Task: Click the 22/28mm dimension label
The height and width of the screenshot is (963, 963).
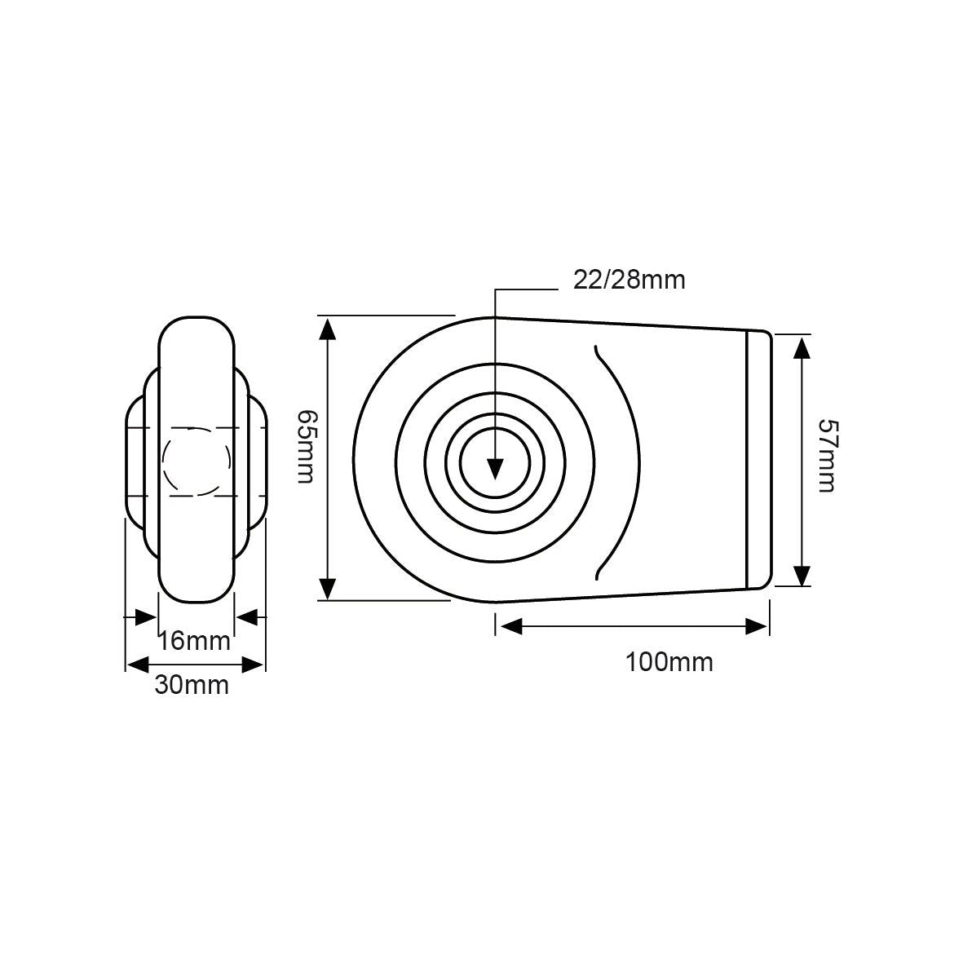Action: tap(629, 281)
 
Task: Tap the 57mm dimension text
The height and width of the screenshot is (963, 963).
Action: tap(827, 456)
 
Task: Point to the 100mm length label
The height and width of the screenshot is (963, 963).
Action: tap(669, 661)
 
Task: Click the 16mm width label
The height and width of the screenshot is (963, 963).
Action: tap(194, 641)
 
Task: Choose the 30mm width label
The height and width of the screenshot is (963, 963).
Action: tap(192, 686)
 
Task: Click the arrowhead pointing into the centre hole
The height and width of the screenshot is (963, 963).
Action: tap(494, 469)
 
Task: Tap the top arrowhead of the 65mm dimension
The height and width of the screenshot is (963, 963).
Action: tap(328, 330)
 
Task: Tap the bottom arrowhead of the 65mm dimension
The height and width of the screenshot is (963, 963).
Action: tap(328, 587)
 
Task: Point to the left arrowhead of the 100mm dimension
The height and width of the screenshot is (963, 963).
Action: tap(510, 626)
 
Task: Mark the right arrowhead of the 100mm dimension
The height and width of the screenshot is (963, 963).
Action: tap(756, 626)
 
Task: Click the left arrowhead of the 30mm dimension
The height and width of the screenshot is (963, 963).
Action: tap(138, 664)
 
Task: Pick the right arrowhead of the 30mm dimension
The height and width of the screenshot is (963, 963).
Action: tap(254, 664)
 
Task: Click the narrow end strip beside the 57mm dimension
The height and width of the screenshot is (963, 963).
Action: tap(758, 459)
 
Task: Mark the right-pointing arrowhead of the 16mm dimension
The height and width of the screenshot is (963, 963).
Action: tap(146, 617)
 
